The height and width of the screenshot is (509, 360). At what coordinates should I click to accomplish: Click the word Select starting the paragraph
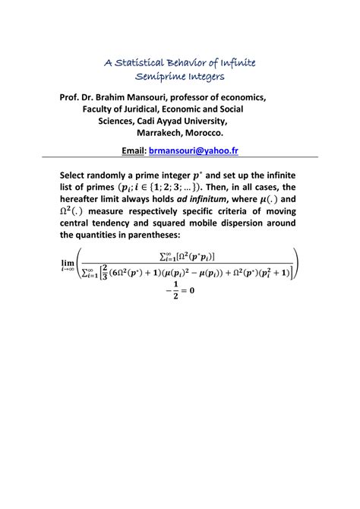coord(77,174)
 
